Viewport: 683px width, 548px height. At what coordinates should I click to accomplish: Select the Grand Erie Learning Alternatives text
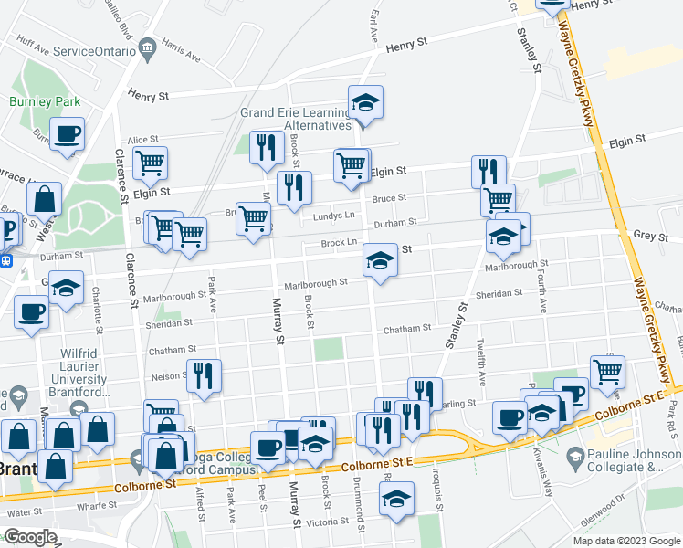296,119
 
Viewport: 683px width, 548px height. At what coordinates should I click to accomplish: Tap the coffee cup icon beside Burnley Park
67,134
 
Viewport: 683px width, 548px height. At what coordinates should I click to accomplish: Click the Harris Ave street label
180,50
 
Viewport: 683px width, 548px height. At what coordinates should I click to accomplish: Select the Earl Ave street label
374,26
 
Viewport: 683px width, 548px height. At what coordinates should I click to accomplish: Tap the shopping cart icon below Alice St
150,163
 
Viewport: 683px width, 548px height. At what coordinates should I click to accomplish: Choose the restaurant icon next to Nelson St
204,375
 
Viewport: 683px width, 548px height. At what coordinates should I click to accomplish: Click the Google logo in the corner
31,537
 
